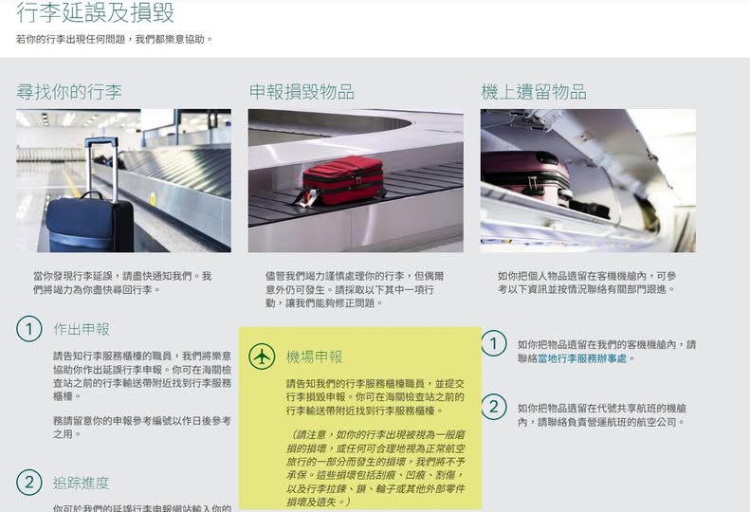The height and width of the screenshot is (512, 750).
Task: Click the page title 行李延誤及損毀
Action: pyautogui.click(x=95, y=12)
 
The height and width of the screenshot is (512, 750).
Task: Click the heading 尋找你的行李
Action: pyautogui.click(x=69, y=91)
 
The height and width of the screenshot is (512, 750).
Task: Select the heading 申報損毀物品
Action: pyautogui.click(x=302, y=91)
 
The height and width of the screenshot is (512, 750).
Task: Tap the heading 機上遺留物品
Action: pyautogui.click(x=534, y=91)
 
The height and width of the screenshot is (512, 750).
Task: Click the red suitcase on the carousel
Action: pyautogui.click(x=343, y=179)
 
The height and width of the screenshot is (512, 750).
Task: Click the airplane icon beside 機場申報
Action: pyautogui.click(x=262, y=357)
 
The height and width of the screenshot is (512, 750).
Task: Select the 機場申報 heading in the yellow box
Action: pyautogui.click(x=314, y=357)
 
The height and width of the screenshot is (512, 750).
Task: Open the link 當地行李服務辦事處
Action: pyautogui.click(x=582, y=358)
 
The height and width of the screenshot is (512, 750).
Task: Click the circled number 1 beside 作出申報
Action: pyautogui.click(x=29, y=329)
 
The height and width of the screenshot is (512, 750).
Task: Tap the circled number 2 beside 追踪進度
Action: pyautogui.click(x=29, y=483)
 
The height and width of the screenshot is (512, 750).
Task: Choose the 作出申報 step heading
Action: pyautogui.click(x=82, y=329)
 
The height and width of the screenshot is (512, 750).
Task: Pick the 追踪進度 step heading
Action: pyautogui.click(x=82, y=483)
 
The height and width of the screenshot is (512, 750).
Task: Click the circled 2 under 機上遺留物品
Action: pyautogui.click(x=494, y=407)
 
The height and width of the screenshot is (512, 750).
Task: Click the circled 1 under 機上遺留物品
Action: pyautogui.click(x=494, y=343)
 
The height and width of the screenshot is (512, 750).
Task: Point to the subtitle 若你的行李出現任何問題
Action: pyautogui.click(x=72, y=39)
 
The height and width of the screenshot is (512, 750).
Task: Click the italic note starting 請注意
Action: pyautogui.click(x=375, y=468)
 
